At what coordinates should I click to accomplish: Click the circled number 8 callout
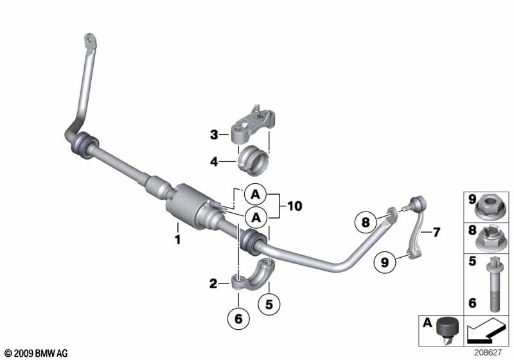pos(366,222)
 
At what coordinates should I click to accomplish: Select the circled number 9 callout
pos(385,262)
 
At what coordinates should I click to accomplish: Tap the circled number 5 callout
pos(269,304)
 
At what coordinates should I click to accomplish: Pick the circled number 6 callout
pos(238,318)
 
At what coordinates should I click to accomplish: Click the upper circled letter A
pos(255,195)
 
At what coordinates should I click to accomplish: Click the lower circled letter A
pos(256,217)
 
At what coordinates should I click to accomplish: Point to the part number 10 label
pos(295,206)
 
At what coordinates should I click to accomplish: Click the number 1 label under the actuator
pos(178,240)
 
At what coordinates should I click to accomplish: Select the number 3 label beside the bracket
pos(214,134)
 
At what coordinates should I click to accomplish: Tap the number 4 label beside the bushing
pos(214,161)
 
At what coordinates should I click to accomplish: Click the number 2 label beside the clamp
pos(213,283)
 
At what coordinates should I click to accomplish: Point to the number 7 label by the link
pos(436,232)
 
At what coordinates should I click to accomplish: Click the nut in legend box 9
pos(489,207)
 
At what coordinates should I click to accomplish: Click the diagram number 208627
pos(488,353)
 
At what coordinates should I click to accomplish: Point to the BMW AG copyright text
pos(36,353)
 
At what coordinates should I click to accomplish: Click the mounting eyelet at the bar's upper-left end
pos(90,41)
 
